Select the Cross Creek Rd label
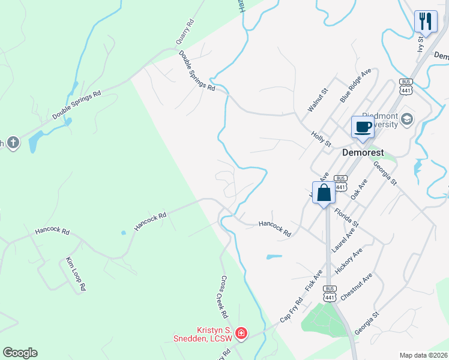tap(224, 296)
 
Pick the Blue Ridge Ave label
tap(355, 85)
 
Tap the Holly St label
tap(322, 140)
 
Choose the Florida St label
tap(346, 220)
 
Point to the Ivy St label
tap(421, 45)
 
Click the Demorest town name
tap(363, 152)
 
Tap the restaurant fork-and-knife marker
tap(426, 21)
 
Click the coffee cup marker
tap(363, 127)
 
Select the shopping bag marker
tap(324, 193)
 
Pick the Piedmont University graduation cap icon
tap(408, 119)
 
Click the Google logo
tap(20, 353)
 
